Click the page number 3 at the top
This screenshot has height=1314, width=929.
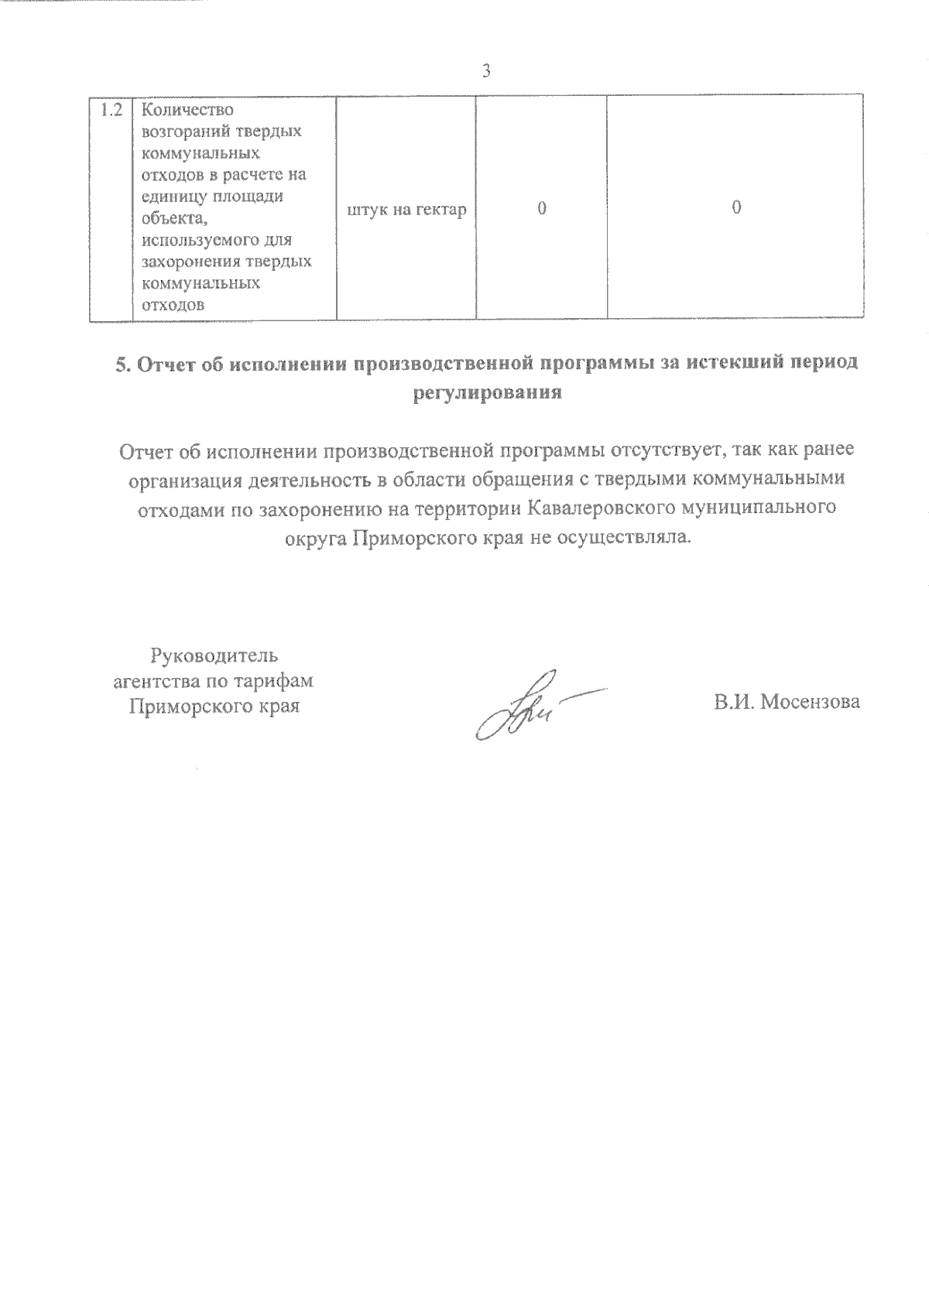pyautogui.click(x=486, y=71)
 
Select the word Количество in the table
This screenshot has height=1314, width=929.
pyautogui.click(x=188, y=110)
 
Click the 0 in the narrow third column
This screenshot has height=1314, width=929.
pyautogui.click(x=542, y=208)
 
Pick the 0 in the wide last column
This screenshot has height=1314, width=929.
pyautogui.click(x=736, y=208)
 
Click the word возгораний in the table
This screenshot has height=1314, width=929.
pyautogui.click(x=184, y=131)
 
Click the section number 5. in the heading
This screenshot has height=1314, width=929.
pyautogui.click(x=124, y=364)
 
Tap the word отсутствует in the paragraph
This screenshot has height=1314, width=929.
pyautogui.click(x=670, y=450)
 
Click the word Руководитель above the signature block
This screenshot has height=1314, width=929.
pyautogui.click(x=213, y=657)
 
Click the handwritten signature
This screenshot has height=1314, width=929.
pyautogui.click(x=526, y=704)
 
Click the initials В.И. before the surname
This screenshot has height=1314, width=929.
pyautogui.click(x=735, y=702)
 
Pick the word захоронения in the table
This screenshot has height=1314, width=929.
pyautogui.click(x=192, y=262)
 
